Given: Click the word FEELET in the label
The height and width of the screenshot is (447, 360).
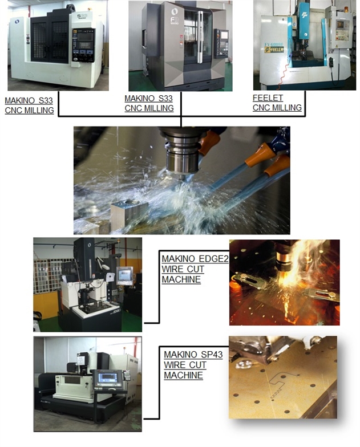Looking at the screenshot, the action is click(x=268, y=98).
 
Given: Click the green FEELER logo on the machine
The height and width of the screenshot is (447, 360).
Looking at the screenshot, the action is click(x=274, y=49).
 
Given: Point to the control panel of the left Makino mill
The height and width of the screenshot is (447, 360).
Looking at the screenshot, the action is click(x=83, y=45).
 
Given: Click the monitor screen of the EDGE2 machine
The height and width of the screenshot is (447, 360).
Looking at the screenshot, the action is click(x=124, y=275).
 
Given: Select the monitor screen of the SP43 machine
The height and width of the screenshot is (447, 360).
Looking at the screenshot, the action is click(x=107, y=377).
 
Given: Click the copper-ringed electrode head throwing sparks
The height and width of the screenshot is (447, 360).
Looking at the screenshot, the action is click(x=283, y=259).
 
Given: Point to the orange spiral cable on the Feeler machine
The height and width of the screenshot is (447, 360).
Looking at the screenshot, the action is click(x=282, y=75).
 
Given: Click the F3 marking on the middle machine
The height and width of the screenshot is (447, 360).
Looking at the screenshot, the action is click(x=174, y=19).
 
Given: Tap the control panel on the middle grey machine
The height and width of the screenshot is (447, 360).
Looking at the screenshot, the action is click(x=221, y=43).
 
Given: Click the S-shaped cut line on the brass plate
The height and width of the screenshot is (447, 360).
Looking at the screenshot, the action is click(x=277, y=382).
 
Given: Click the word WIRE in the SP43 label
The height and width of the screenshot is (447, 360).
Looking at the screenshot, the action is click(x=175, y=365).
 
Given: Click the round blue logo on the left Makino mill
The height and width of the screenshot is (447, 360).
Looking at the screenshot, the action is click(x=17, y=22).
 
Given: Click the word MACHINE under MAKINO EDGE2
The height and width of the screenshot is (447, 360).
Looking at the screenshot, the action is click(x=181, y=279).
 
